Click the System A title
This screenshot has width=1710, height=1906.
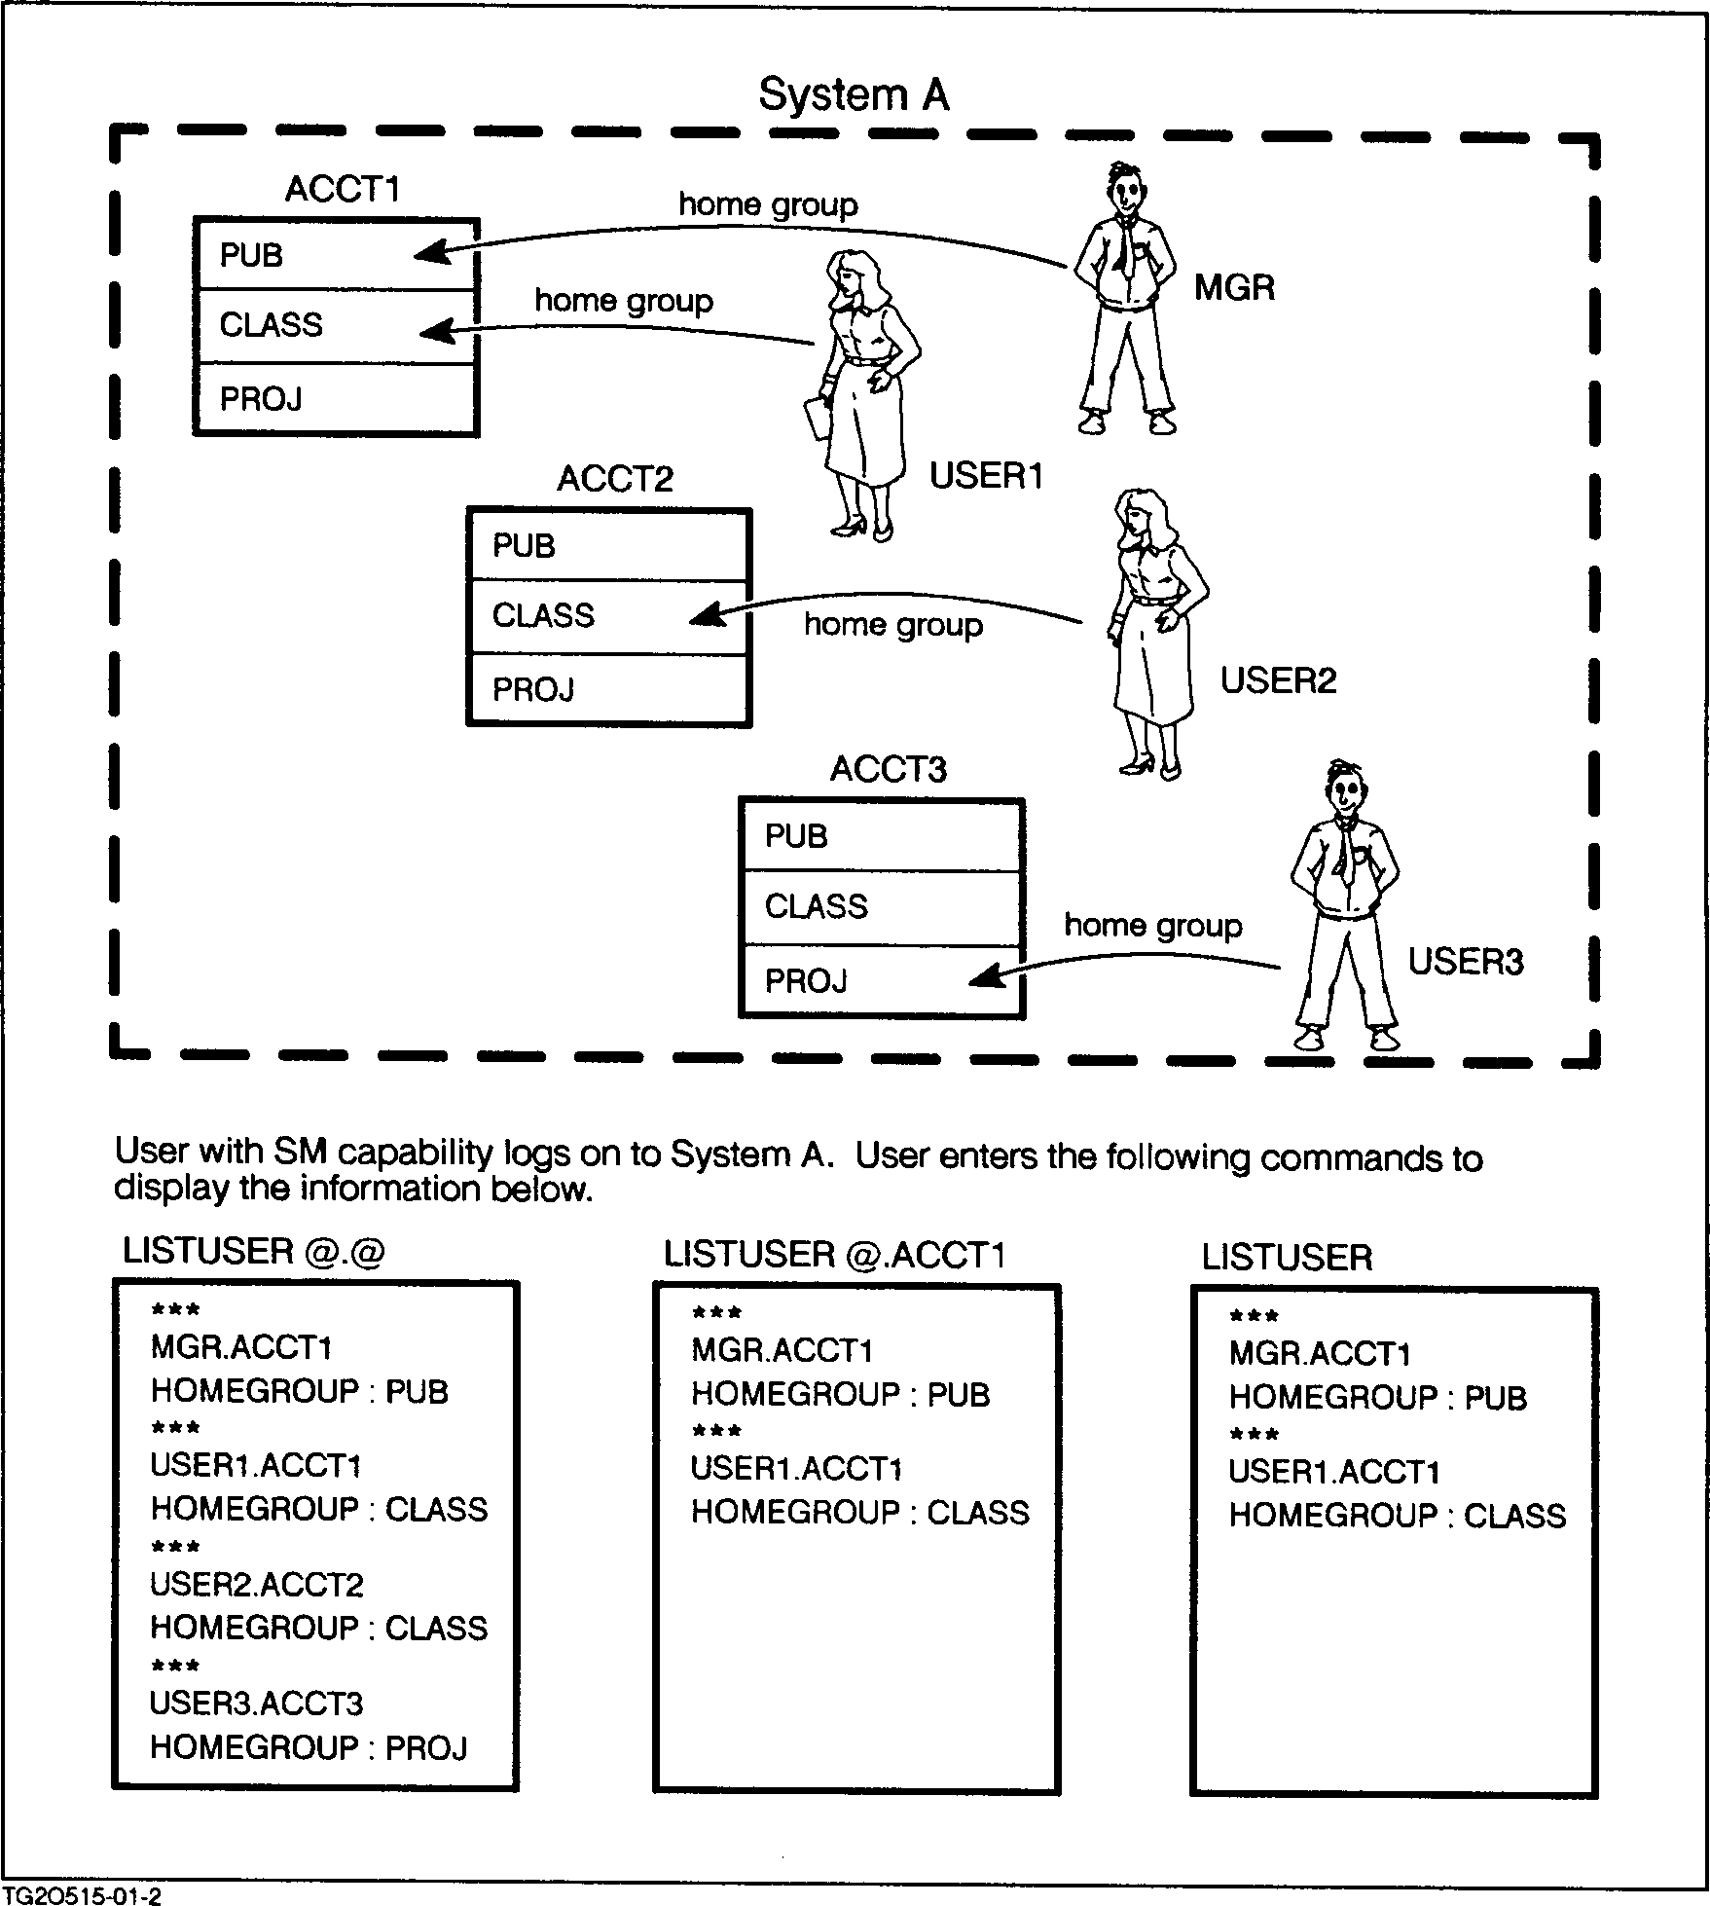click(853, 95)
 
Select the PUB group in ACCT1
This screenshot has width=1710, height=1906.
click(251, 255)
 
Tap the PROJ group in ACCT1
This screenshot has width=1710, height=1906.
click(261, 399)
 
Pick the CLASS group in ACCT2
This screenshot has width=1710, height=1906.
click(543, 615)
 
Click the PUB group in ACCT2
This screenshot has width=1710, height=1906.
click(524, 545)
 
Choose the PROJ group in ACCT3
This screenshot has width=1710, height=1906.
click(806, 980)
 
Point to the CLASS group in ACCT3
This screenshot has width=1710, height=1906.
click(816, 906)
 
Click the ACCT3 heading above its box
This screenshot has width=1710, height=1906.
click(888, 770)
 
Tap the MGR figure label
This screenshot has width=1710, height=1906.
click(1234, 288)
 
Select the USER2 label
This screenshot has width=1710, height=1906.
click(1278, 680)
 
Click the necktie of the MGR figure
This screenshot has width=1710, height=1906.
click(1125, 248)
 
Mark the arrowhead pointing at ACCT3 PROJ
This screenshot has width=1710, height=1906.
click(987, 975)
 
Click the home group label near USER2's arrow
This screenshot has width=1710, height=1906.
click(892, 625)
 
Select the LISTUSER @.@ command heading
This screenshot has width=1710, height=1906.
click(254, 1252)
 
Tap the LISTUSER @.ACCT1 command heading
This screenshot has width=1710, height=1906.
click(834, 1256)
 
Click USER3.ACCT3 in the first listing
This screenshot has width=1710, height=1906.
click(256, 1704)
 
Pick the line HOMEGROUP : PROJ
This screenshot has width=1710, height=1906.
click(309, 1748)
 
